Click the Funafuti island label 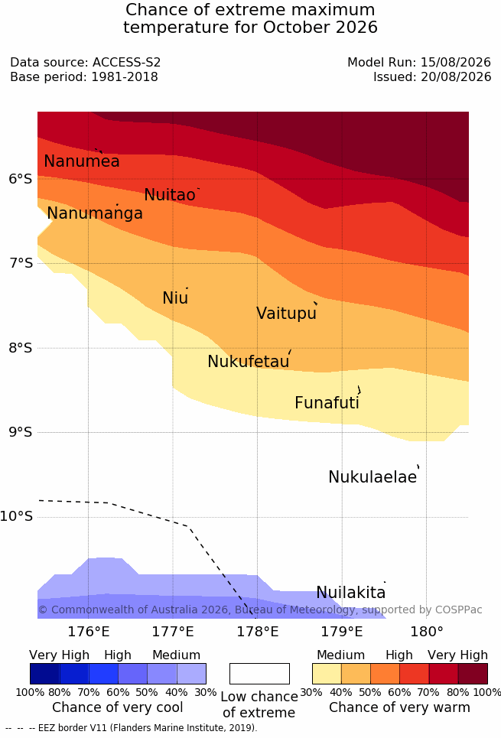[x=327, y=402]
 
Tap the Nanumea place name [x=81, y=161]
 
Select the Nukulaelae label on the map [x=372, y=476]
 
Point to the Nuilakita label [x=351, y=592]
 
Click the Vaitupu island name [x=286, y=313]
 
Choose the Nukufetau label [x=248, y=361]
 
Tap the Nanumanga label [x=95, y=213]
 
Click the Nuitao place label [x=170, y=194]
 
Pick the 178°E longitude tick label [x=258, y=631]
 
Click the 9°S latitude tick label [x=21, y=432]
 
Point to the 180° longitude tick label [x=427, y=631]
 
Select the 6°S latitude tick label [x=21, y=179]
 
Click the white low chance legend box [x=259, y=674]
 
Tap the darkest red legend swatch [x=473, y=674]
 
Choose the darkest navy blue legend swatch [x=44, y=674]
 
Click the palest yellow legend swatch [x=327, y=674]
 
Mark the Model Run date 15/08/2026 [x=456, y=62]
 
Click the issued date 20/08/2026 [x=456, y=76]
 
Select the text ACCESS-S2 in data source [x=127, y=62]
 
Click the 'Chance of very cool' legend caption [x=118, y=707]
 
